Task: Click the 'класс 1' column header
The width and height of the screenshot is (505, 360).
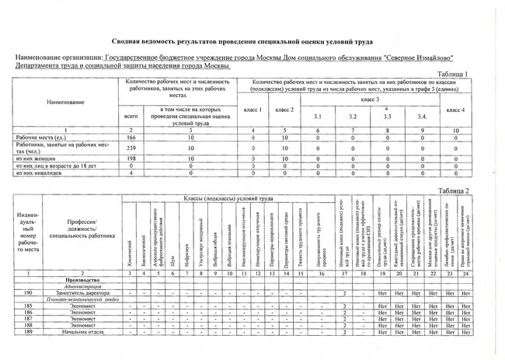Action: point(253,110)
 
